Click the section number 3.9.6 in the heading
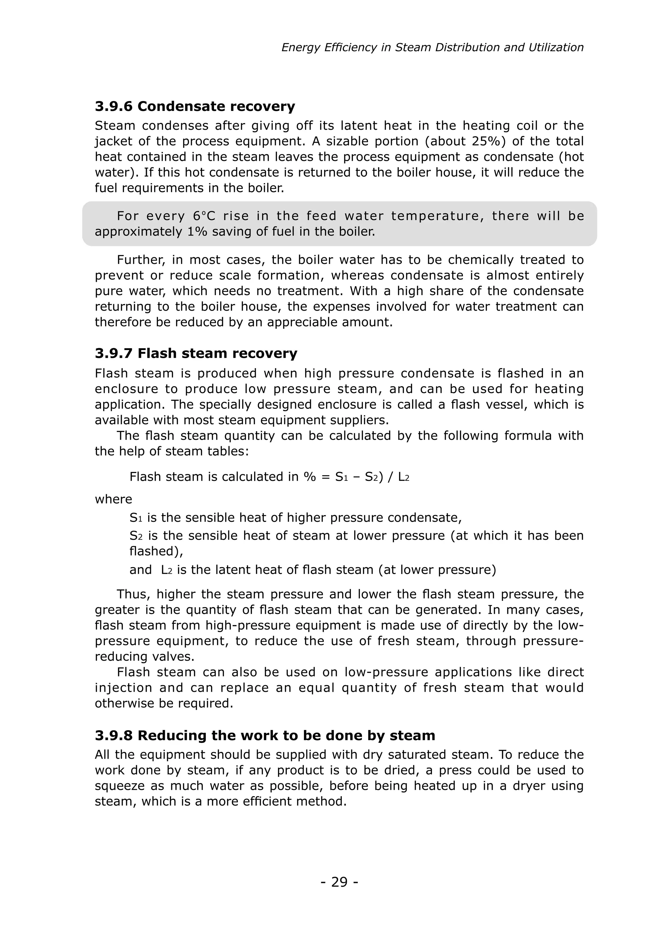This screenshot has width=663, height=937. pyautogui.click(x=114, y=106)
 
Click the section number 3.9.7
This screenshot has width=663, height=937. pyautogui.click(x=114, y=353)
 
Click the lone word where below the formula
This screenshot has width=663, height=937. pyautogui.click(x=114, y=500)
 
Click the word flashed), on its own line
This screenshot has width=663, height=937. pyautogui.click(x=156, y=551)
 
